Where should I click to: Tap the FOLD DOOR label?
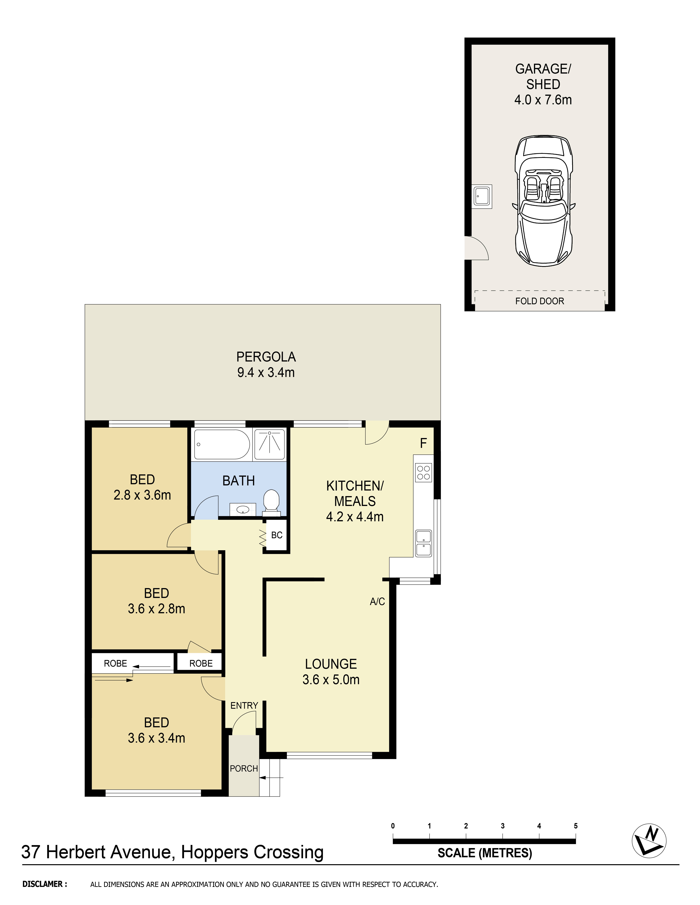pos(540,301)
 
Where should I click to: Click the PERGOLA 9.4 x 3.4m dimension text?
pos(266,373)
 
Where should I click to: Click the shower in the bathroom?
pos(270,444)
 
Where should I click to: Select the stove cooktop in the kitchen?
pos(423,472)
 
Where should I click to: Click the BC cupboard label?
pos(277,535)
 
